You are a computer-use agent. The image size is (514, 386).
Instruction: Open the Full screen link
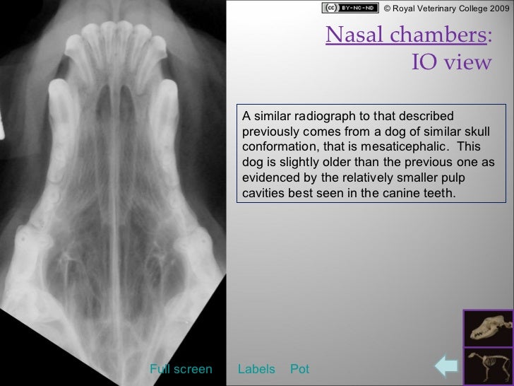tap(181, 369)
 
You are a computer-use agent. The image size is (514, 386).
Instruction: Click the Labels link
tap(256, 369)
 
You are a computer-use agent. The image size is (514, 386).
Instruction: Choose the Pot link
tap(300, 369)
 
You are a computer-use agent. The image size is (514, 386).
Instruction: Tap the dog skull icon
tap(488, 329)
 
